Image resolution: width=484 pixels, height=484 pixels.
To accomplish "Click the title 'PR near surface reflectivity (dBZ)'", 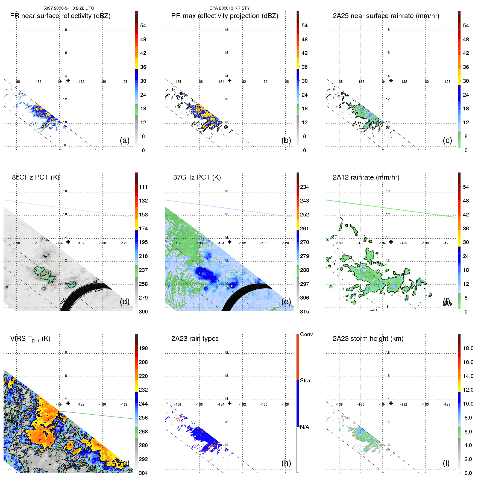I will [x=60, y=16].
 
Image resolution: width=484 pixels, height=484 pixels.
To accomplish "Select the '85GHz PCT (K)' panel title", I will [x=36, y=177].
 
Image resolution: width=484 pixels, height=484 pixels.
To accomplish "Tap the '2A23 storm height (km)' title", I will [x=368, y=339].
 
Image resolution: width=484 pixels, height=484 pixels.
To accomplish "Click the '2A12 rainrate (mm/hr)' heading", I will [x=366, y=177].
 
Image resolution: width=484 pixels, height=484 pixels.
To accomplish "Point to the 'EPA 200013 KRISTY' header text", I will [x=230, y=8].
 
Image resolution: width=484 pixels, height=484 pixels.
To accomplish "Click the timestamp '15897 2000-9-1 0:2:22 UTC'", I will [x=68, y=8].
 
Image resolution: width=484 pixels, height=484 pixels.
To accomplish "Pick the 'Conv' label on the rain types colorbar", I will [x=306, y=334].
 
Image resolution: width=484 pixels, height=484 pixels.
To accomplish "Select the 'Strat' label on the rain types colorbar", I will [x=306, y=380].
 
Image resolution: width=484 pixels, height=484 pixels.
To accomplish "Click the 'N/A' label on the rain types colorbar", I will [x=304, y=427].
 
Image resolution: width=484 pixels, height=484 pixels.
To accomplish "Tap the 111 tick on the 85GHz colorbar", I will [x=143, y=187].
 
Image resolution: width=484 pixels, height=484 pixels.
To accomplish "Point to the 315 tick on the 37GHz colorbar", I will [x=304, y=312].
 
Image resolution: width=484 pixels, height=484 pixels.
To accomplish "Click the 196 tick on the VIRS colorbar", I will [x=143, y=348].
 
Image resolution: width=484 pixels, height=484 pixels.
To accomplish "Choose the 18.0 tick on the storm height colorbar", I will [x=468, y=348].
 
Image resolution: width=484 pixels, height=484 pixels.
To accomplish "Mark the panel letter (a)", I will [x=125, y=140].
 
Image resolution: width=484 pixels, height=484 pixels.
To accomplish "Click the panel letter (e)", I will [x=286, y=301].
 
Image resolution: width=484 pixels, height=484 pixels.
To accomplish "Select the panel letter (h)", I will [x=286, y=463].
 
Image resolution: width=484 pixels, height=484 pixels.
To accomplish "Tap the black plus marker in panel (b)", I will [x=230, y=81].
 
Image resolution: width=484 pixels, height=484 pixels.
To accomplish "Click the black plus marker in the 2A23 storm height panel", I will [x=391, y=403].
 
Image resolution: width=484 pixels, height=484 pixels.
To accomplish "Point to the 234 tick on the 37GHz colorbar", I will [x=304, y=187].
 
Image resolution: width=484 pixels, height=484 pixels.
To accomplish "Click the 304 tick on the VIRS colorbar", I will [x=143, y=473].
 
